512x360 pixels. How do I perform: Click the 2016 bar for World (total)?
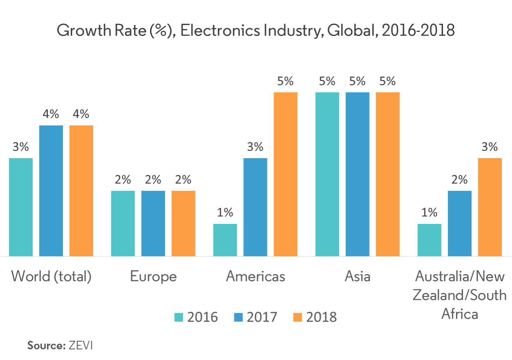tap(21, 207)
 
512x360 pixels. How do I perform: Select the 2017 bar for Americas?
tap(255, 207)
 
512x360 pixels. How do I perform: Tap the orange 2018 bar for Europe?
tap(183, 224)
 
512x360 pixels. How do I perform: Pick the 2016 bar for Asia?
tap(327, 174)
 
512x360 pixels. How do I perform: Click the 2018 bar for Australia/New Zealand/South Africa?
tap(490, 207)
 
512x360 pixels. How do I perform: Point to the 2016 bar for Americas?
tap(225, 240)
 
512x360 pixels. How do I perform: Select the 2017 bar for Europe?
tap(153, 224)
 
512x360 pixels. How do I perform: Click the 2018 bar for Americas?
tap(285, 174)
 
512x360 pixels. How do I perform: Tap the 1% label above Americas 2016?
tap(225, 212)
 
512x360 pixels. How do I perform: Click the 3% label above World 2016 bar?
tap(21, 147)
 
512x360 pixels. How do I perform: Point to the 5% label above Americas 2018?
tap(285, 81)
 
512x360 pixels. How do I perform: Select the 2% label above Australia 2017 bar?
tap(459, 180)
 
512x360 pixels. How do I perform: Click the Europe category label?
tap(153, 277)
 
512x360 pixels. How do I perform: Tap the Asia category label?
tap(357, 277)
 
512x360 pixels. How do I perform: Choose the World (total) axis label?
tap(51, 277)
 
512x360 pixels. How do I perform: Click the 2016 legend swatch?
tap(179, 317)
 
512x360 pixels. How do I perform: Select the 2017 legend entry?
tap(256, 317)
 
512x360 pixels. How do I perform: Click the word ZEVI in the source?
tap(81, 345)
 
